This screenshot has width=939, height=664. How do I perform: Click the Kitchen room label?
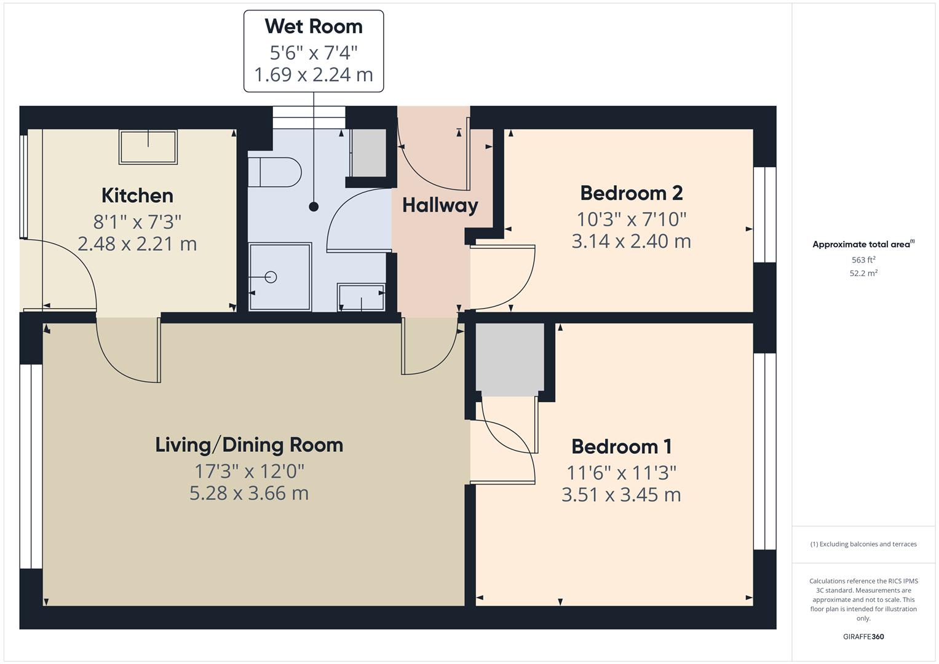(137, 196)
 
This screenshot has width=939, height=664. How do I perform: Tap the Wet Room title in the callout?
(314, 26)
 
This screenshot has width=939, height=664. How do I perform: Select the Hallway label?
(440, 205)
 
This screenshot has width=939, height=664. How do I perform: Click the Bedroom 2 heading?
(631, 193)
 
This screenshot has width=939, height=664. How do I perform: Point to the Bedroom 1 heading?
(621, 446)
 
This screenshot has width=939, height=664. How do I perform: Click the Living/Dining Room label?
(249, 445)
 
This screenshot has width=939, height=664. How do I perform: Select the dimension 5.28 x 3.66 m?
(249, 493)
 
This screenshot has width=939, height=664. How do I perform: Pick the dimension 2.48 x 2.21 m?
(137, 244)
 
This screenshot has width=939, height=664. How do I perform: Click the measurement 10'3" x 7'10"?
(631, 218)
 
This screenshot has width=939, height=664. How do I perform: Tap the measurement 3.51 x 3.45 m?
(621, 495)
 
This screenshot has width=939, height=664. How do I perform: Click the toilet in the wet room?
(275, 172)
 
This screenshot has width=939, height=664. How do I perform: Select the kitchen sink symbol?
(148, 147)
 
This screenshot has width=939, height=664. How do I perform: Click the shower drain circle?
(271, 277)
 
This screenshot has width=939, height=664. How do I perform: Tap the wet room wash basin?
(361, 298)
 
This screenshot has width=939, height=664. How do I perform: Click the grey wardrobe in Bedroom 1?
(510, 360)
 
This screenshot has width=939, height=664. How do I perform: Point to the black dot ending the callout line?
(314, 207)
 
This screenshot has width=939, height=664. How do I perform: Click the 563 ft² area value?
(863, 260)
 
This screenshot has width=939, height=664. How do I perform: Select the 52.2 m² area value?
(863, 274)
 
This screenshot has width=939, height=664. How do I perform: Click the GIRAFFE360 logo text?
(863, 636)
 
